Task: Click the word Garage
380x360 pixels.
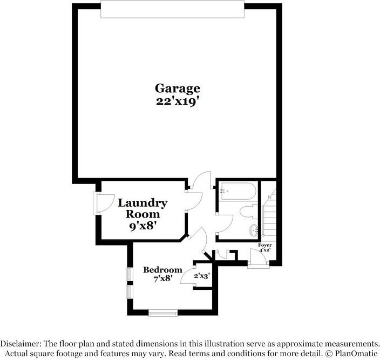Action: [178, 88]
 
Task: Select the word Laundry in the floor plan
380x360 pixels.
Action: [142, 203]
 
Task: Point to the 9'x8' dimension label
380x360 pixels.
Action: [142, 226]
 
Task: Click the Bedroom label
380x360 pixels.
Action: [162, 270]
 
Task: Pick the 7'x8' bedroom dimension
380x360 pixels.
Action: [162, 279]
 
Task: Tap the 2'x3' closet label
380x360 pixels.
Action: [201, 276]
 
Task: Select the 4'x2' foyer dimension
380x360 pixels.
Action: [265, 250]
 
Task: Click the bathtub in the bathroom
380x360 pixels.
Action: [237, 192]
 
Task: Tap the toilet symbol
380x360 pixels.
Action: [250, 211]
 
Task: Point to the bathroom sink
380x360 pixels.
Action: [253, 231]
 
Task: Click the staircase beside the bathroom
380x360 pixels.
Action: [268, 213]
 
